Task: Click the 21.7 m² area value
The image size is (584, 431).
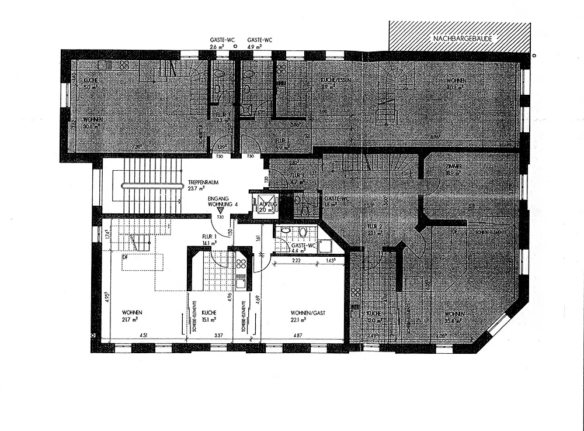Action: pos(130,320)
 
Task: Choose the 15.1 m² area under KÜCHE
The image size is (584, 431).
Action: pos(209,320)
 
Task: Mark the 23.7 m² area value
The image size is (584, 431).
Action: pos(196,189)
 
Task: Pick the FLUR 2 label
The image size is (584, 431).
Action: pos(374,225)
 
